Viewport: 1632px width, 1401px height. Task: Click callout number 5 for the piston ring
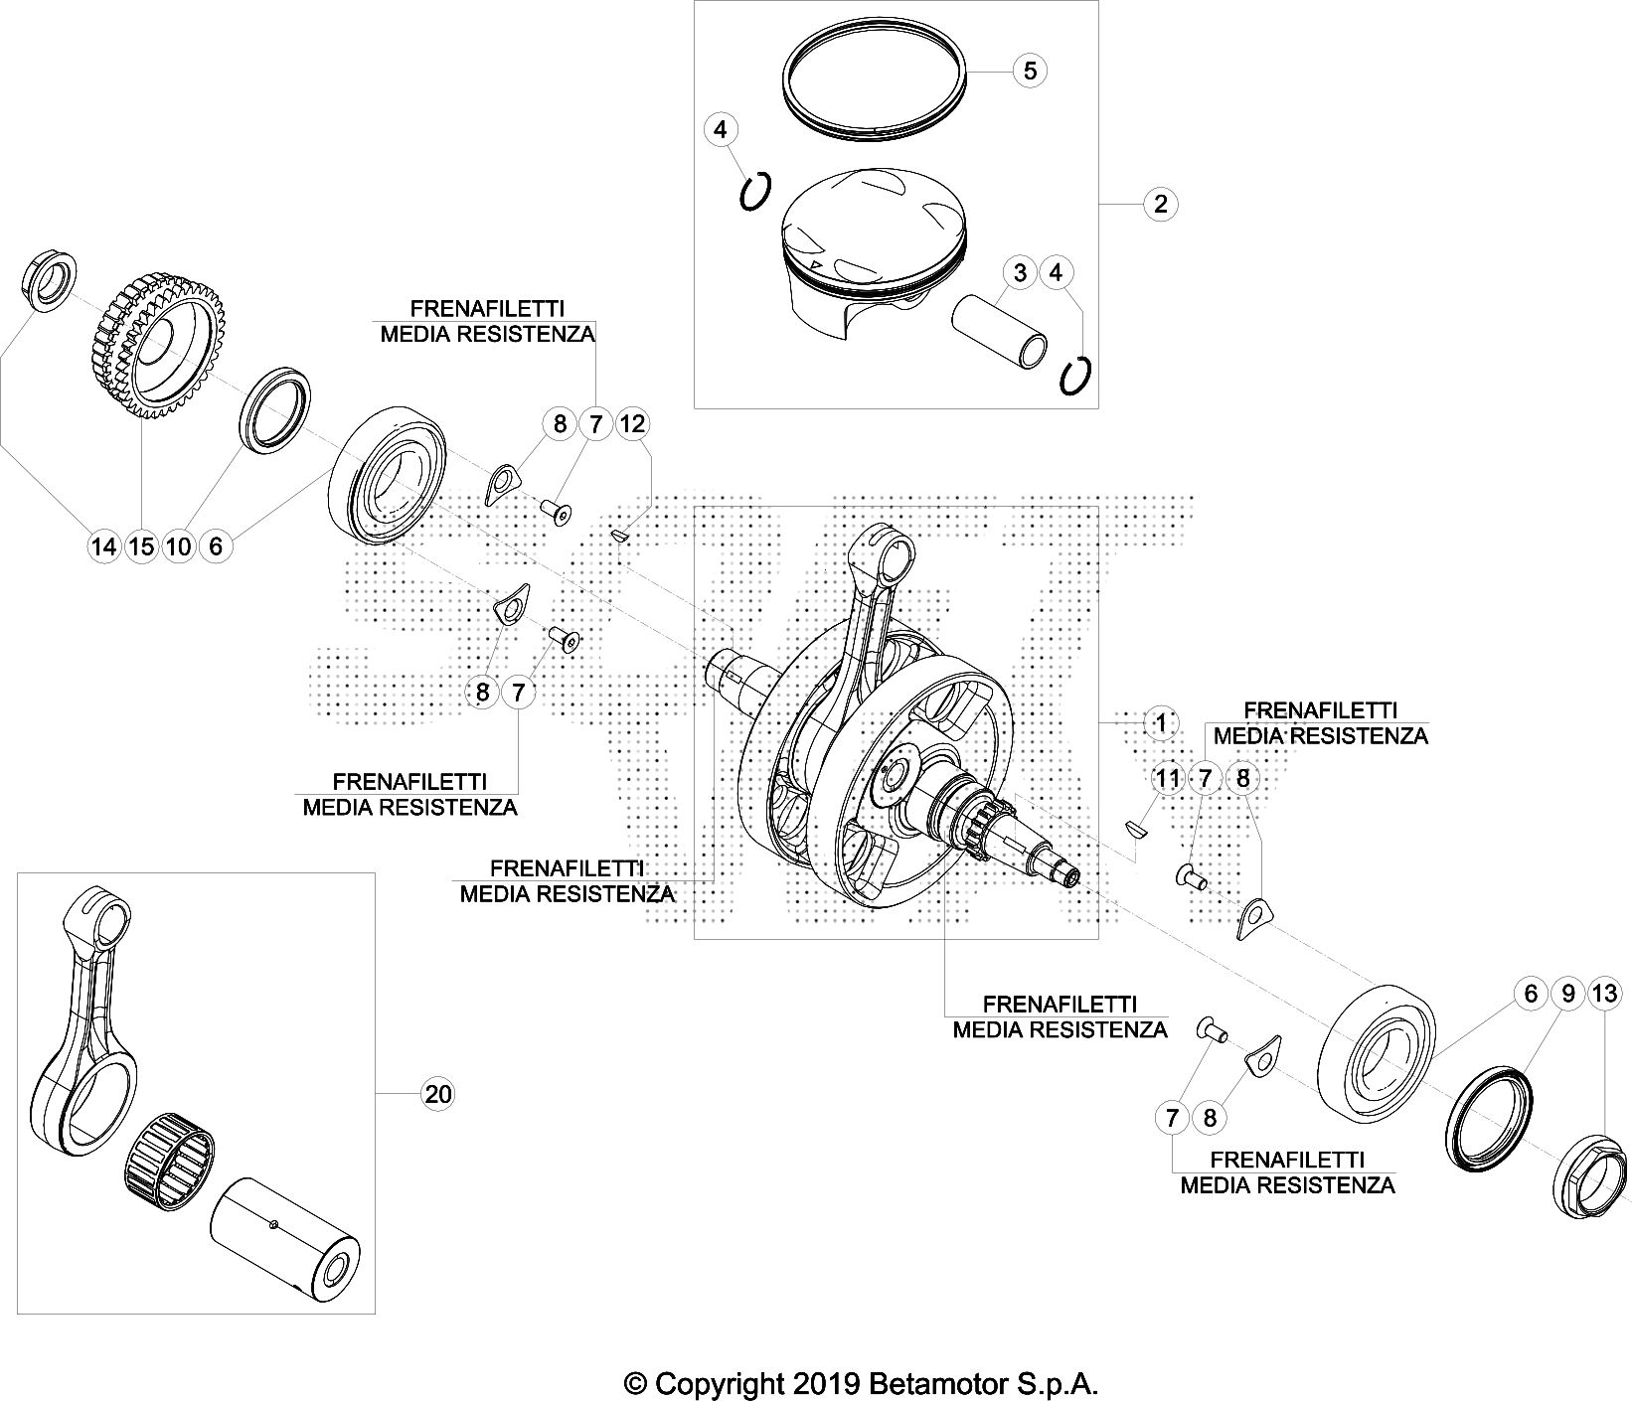(x=1030, y=71)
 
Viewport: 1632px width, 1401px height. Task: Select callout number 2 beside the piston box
(x=1160, y=204)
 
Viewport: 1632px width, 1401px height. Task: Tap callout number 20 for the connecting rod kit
(x=438, y=1094)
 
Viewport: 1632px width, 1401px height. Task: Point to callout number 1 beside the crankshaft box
(x=1160, y=722)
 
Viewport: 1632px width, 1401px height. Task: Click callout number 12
(x=632, y=424)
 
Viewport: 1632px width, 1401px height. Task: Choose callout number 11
(x=1168, y=778)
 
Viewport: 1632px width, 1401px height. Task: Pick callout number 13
(x=1604, y=994)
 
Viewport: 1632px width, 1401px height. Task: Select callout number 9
(x=1567, y=994)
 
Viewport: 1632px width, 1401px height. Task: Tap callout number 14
(x=103, y=545)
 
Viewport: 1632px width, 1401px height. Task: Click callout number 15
(x=141, y=545)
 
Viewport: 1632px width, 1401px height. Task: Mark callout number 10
(x=179, y=545)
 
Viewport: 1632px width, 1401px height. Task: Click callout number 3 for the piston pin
(x=1020, y=272)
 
